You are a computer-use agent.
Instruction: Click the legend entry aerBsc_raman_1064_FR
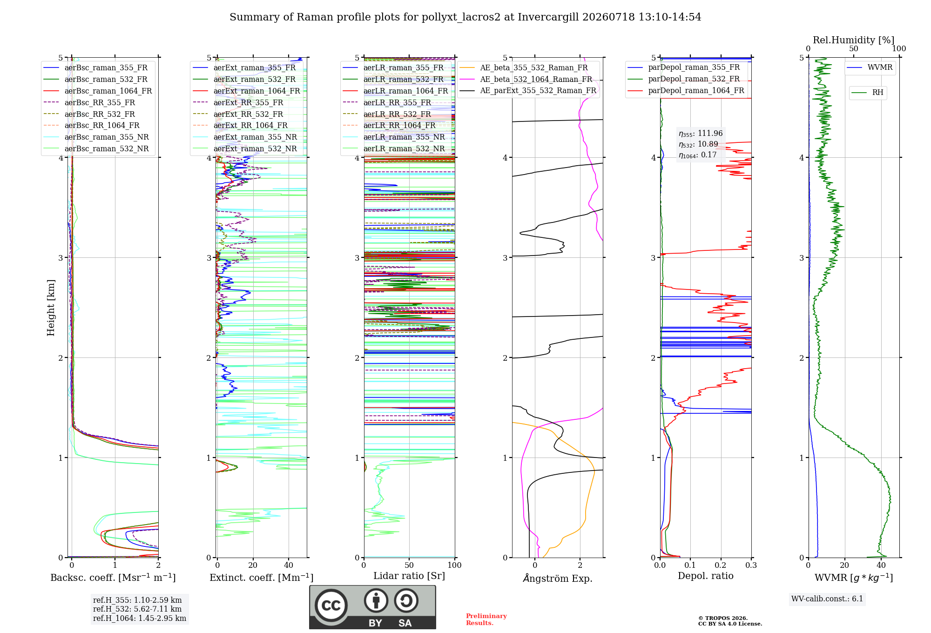click(98, 91)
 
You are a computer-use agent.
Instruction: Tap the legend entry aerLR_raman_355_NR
click(394, 137)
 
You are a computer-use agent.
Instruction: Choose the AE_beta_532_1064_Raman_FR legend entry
click(526, 79)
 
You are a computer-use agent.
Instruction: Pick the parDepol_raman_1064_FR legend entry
click(686, 90)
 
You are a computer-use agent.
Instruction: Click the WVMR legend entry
click(870, 67)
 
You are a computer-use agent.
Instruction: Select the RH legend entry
click(868, 93)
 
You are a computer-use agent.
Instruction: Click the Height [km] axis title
click(51, 308)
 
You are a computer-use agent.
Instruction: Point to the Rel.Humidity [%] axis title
click(853, 40)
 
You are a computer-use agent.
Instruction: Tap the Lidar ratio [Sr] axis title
click(409, 576)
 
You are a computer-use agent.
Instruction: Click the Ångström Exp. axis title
click(558, 578)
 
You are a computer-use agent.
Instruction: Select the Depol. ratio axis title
click(706, 576)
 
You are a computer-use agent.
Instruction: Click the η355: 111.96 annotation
click(701, 134)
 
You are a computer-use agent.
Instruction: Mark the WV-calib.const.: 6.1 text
click(827, 599)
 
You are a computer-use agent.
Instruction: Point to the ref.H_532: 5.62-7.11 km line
click(137, 609)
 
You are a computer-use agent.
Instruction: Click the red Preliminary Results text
click(486, 620)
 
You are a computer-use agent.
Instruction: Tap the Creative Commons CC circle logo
click(331, 606)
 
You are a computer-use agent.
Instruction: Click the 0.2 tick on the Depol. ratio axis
click(721, 565)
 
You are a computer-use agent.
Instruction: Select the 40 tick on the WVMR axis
click(881, 565)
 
